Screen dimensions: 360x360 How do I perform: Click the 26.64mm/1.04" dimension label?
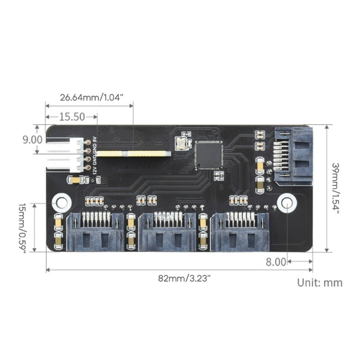(92, 98)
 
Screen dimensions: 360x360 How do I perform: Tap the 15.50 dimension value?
(72, 117)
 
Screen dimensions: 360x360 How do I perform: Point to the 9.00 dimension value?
(32, 140)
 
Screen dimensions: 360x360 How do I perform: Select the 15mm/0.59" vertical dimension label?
(22, 228)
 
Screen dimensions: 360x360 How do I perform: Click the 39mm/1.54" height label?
(335, 188)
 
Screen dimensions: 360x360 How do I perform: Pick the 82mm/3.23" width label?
(184, 279)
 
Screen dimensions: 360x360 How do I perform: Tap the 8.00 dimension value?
(276, 262)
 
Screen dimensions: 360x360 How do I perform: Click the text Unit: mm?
(319, 283)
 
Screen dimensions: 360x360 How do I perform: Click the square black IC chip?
(209, 155)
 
